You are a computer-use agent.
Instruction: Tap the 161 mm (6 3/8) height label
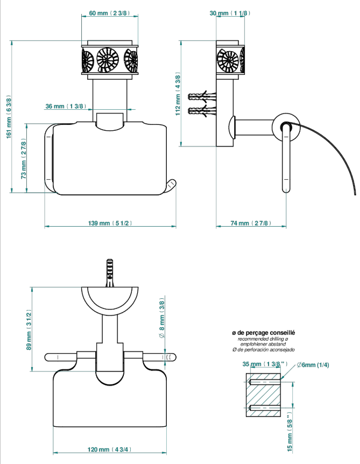click(9, 117)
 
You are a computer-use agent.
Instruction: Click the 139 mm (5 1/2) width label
click(110, 223)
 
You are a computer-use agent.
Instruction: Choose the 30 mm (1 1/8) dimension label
click(230, 13)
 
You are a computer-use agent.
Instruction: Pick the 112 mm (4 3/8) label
click(178, 94)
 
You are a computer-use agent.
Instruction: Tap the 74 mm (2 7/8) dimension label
click(251, 223)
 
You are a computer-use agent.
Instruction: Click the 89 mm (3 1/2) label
click(29, 330)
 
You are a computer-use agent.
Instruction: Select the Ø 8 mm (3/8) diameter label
click(162, 318)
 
